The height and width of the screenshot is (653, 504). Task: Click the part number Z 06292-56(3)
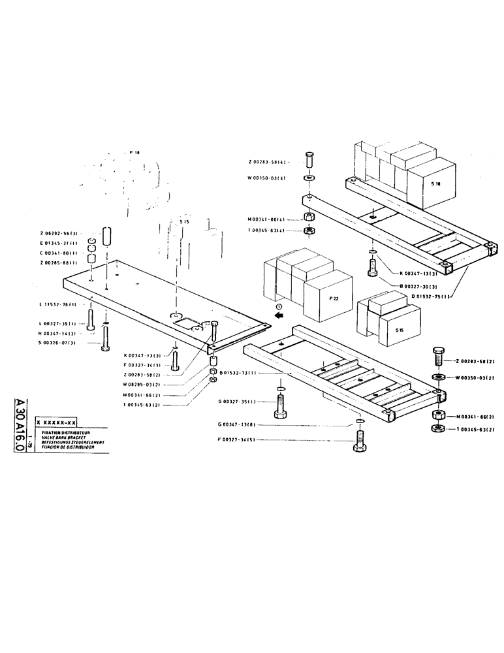click(59, 232)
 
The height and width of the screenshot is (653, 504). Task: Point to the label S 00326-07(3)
click(59, 342)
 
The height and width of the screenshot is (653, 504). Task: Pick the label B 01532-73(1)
click(238, 373)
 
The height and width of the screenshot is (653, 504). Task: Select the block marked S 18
click(435, 185)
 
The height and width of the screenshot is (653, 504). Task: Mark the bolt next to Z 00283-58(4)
click(310, 159)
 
